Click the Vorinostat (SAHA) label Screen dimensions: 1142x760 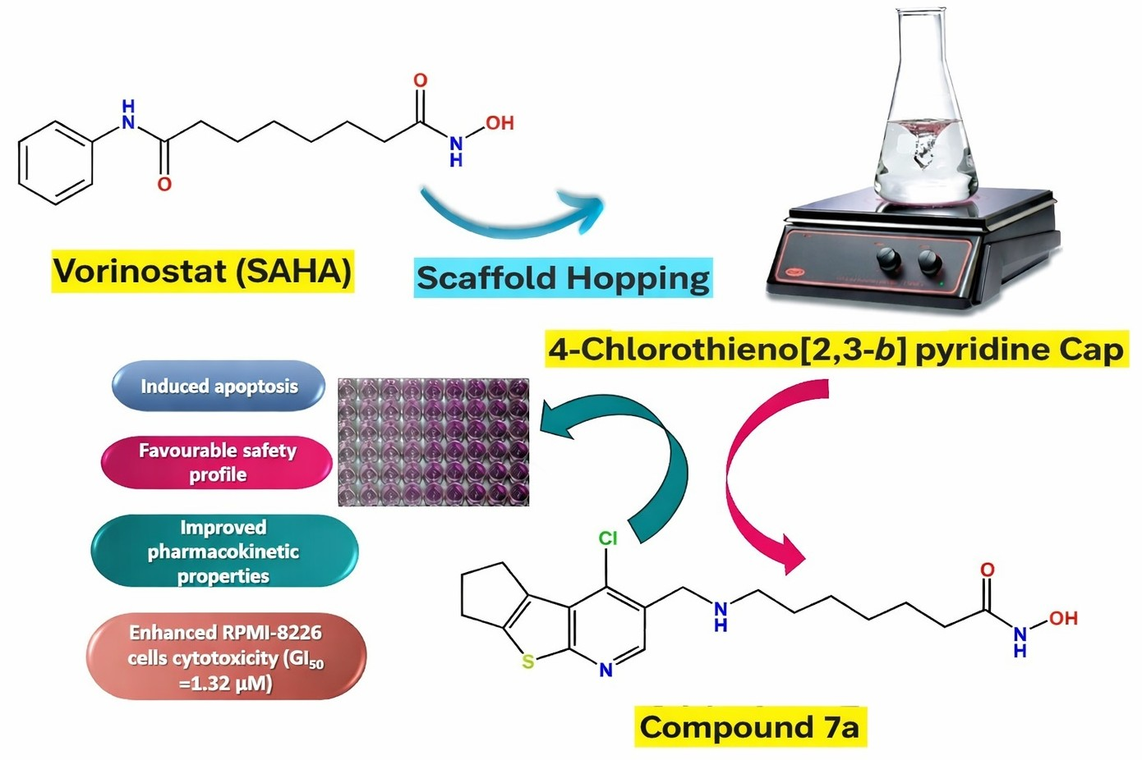coord(202,271)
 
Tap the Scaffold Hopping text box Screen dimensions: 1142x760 coord(563,278)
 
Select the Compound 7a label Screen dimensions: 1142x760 coord(750,727)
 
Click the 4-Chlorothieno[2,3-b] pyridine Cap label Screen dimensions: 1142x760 coord(836,350)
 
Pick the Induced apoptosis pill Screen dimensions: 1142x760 coord(219,386)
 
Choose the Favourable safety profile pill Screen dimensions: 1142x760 coord(217,463)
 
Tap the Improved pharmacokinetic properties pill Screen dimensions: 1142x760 coord(224,552)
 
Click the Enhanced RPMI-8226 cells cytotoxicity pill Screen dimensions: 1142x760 coord(226,657)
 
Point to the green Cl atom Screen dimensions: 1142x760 coord(607,538)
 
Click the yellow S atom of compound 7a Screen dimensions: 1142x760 coord(528,662)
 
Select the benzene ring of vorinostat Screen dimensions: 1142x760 coord(56,163)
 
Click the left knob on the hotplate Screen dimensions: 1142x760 coord(888,261)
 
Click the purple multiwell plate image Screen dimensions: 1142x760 coord(433,442)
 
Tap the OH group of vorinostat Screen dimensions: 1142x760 coord(500,123)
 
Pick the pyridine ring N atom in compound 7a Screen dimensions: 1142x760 coord(606,671)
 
